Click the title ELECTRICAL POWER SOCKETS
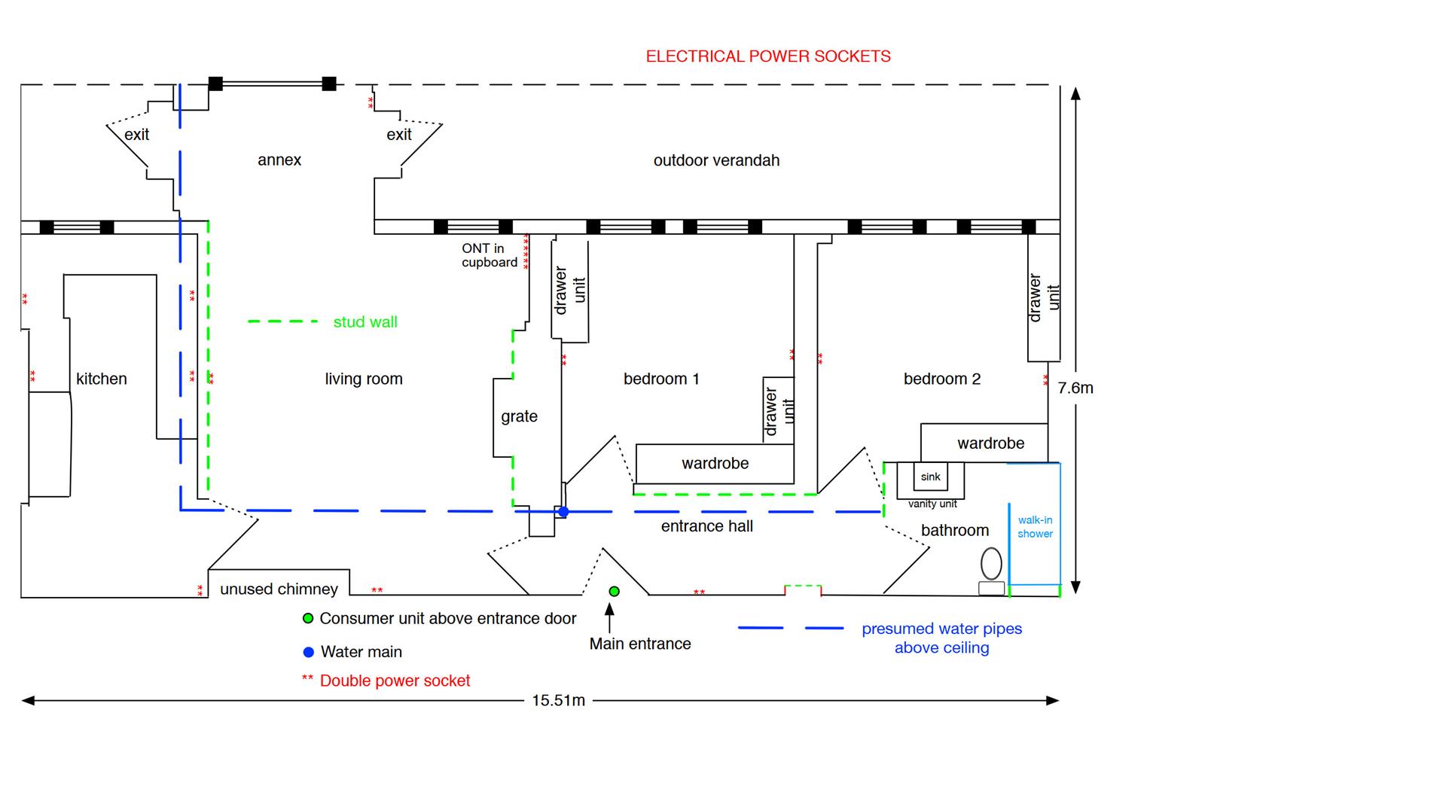(768, 56)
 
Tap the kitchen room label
(101, 379)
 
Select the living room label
(364, 379)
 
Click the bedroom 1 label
(661, 379)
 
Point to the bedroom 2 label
(941, 379)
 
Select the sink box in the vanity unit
(930, 477)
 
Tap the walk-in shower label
(1035, 526)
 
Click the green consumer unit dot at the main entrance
(614, 592)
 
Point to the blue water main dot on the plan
(563, 512)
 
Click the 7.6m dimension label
(1075, 388)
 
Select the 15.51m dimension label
(558, 700)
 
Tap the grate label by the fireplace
(519, 416)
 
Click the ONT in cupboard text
(490, 255)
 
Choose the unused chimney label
(279, 589)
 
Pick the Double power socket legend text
(395, 681)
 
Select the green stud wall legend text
(365, 322)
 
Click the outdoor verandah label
(716, 160)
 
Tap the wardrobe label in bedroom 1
(715, 463)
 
